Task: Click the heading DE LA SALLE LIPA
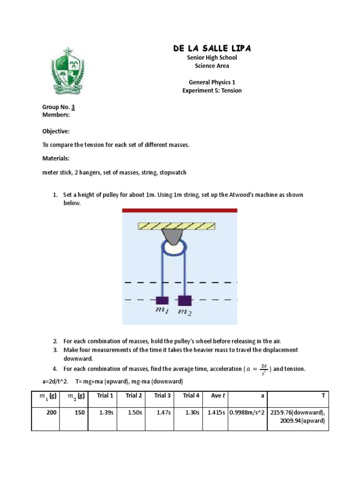[x=211, y=49]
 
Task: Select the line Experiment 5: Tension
[x=212, y=90]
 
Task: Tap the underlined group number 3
[x=73, y=107]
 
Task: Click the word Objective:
[x=56, y=131]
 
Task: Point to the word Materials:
[x=56, y=158]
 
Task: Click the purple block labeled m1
[x=162, y=300]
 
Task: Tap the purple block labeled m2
[x=185, y=300]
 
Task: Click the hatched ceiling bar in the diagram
[x=177, y=226]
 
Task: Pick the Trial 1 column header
[x=105, y=396]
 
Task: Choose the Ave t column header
[x=218, y=396]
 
